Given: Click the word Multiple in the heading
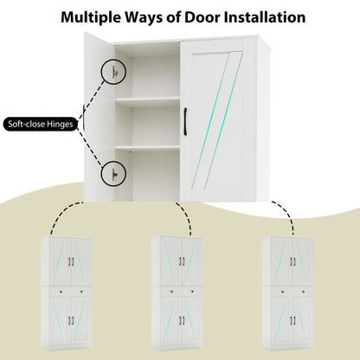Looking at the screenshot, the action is click(x=91, y=17).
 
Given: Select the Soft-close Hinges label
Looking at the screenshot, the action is click(x=41, y=125).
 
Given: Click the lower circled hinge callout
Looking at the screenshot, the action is click(x=113, y=173).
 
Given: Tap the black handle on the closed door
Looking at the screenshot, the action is click(x=185, y=121).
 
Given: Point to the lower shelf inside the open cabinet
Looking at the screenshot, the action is click(x=147, y=149).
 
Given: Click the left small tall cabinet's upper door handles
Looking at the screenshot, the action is click(x=71, y=261).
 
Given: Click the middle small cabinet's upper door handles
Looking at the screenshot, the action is click(x=182, y=261).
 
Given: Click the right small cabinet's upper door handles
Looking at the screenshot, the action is click(x=292, y=261).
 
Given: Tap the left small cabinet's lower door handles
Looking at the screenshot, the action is click(x=71, y=320).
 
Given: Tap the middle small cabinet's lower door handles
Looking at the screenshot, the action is click(x=182, y=320).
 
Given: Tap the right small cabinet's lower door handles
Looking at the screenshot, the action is click(x=292, y=320).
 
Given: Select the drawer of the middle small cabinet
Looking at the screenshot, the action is click(x=182, y=292).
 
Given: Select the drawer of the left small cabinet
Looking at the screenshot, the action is click(x=71, y=292).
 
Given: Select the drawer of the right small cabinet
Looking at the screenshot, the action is click(x=292, y=292).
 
